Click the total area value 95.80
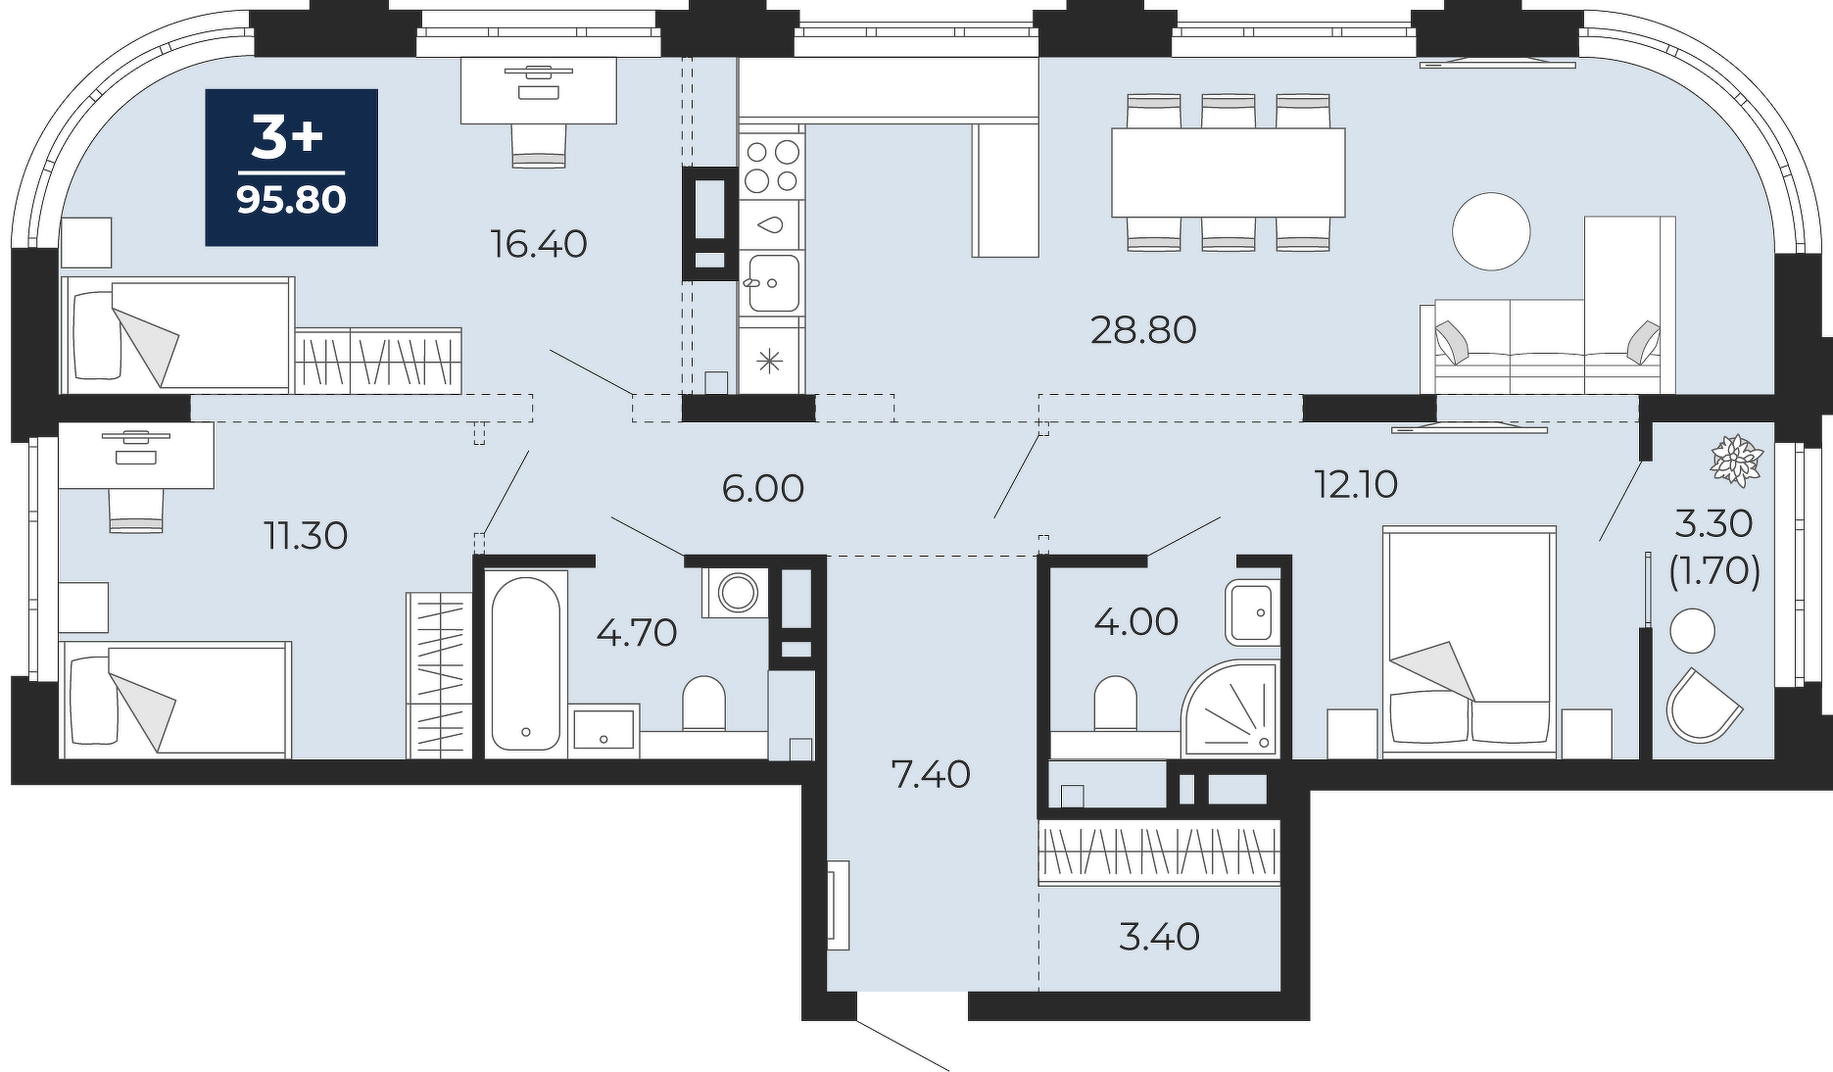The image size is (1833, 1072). click(x=291, y=201)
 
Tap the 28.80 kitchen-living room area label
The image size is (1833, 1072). click(x=1143, y=330)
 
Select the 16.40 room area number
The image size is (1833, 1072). click(x=539, y=243)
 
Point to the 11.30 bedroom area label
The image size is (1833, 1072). click(x=306, y=536)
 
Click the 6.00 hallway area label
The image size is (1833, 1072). click(x=762, y=488)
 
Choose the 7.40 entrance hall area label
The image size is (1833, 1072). click(x=930, y=774)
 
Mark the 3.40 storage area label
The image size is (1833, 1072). click(x=1158, y=937)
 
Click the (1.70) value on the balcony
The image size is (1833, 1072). click(x=1713, y=570)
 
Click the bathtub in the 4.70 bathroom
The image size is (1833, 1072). click(x=525, y=663)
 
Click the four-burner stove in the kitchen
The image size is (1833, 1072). click(x=771, y=165)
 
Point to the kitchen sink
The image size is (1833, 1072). click(x=771, y=283)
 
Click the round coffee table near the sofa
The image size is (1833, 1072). click(x=1490, y=231)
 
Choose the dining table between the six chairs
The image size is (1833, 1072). click(x=1228, y=172)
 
